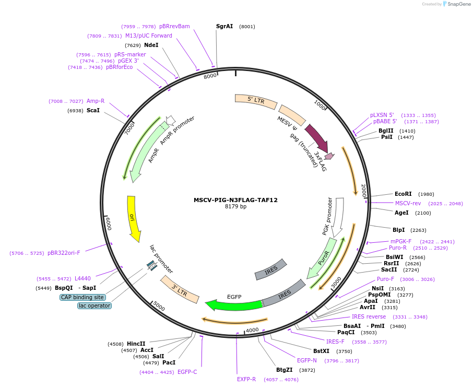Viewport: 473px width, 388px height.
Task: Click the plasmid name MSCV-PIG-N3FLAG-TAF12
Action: (235, 200)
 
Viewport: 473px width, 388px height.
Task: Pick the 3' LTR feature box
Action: (180, 289)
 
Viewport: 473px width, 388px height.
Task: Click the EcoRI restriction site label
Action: (403, 194)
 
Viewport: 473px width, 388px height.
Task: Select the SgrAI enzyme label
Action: (224, 26)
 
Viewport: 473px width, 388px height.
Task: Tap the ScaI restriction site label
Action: (93, 111)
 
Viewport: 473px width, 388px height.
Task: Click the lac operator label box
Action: (94, 305)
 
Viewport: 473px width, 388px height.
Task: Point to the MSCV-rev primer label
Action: (408, 203)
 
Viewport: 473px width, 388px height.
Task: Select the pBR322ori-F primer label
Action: (64, 253)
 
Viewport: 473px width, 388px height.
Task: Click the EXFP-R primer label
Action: (246, 379)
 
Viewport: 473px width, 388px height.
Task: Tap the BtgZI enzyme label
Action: (284, 370)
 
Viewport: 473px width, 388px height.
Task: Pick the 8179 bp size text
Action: (235, 207)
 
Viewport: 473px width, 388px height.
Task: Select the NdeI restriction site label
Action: (151, 45)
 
